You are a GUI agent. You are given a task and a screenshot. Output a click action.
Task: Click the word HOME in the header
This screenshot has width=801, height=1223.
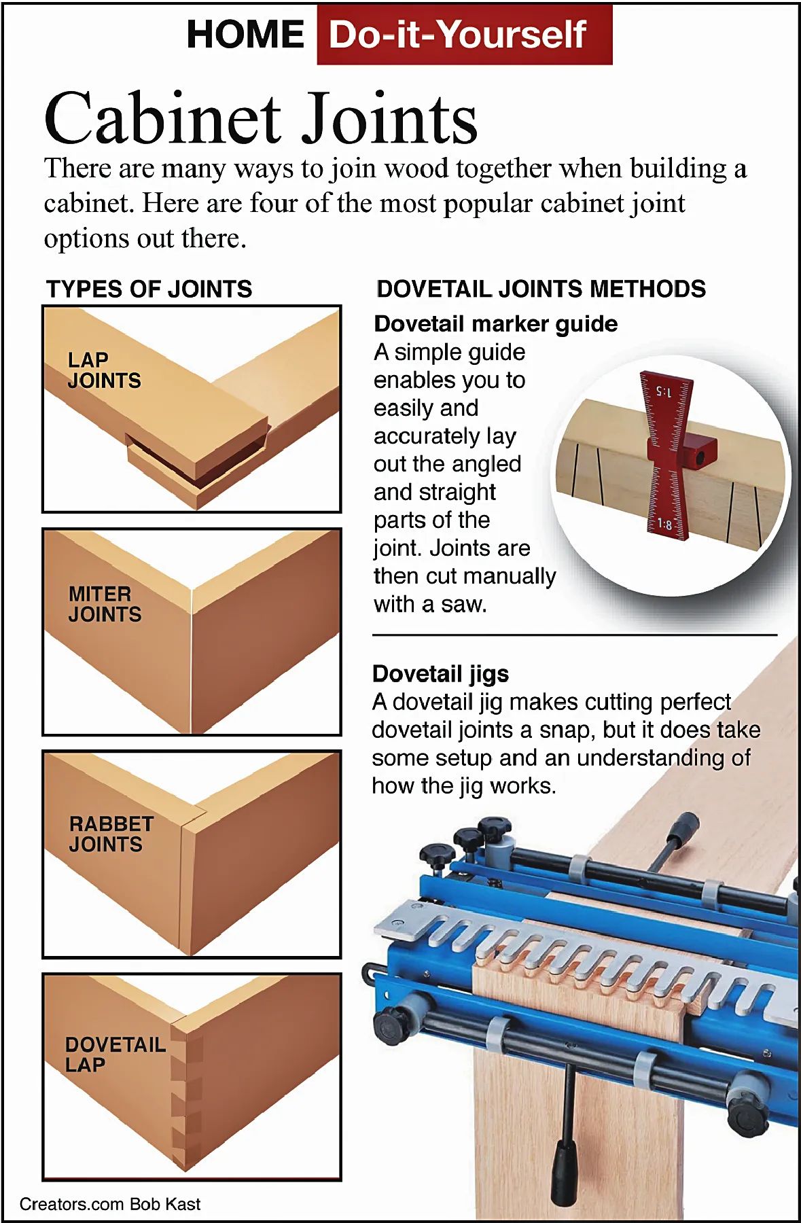(x=245, y=35)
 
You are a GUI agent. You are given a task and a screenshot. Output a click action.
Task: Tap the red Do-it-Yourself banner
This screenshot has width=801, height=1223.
(x=465, y=35)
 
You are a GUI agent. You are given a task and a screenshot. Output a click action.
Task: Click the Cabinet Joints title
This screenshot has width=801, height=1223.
(x=261, y=118)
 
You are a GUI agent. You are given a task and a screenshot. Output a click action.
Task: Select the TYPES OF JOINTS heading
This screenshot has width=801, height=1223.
(x=149, y=289)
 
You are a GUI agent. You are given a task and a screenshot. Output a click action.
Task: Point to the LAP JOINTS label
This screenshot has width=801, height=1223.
(x=104, y=370)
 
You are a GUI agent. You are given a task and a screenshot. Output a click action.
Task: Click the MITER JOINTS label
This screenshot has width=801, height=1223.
(x=105, y=604)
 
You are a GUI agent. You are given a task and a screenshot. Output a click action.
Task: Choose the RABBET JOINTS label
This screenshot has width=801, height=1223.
(x=111, y=834)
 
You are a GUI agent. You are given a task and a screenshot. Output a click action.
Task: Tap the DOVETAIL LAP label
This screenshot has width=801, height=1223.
(x=115, y=1054)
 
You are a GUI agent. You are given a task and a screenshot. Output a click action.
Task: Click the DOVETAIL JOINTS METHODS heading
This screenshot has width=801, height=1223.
(x=541, y=289)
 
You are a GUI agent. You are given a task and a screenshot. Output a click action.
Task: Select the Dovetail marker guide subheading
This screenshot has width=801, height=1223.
(x=495, y=324)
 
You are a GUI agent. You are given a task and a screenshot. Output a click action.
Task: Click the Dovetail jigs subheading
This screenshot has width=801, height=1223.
(x=440, y=673)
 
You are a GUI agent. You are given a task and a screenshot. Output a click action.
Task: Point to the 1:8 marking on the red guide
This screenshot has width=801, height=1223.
(x=664, y=525)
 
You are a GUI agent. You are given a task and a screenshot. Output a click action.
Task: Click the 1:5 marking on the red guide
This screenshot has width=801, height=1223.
(x=663, y=392)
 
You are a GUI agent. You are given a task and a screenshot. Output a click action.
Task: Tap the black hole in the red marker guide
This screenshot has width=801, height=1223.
(x=700, y=459)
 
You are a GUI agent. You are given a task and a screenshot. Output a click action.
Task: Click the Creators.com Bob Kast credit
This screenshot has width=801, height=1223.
(x=110, y=1204)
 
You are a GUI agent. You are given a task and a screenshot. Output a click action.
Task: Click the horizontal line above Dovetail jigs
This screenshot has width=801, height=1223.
(x=575, y=635)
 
